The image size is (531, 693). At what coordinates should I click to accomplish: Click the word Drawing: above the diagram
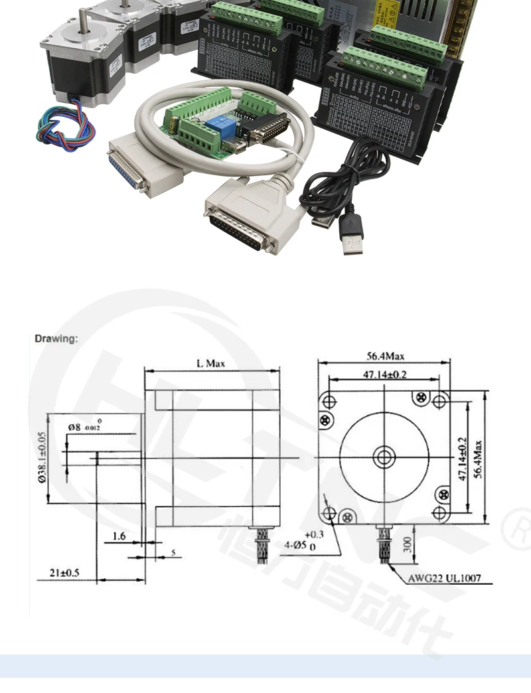coord(56,339)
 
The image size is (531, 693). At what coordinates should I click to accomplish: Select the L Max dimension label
coord(210,363)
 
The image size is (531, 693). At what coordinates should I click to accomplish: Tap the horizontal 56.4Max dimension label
coord(385,356)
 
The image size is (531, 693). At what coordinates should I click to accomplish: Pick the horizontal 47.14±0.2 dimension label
coord(385,374)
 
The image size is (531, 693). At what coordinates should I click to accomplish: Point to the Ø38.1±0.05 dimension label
coord(42,457)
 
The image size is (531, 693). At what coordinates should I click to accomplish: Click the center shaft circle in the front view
coord(384,457)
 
